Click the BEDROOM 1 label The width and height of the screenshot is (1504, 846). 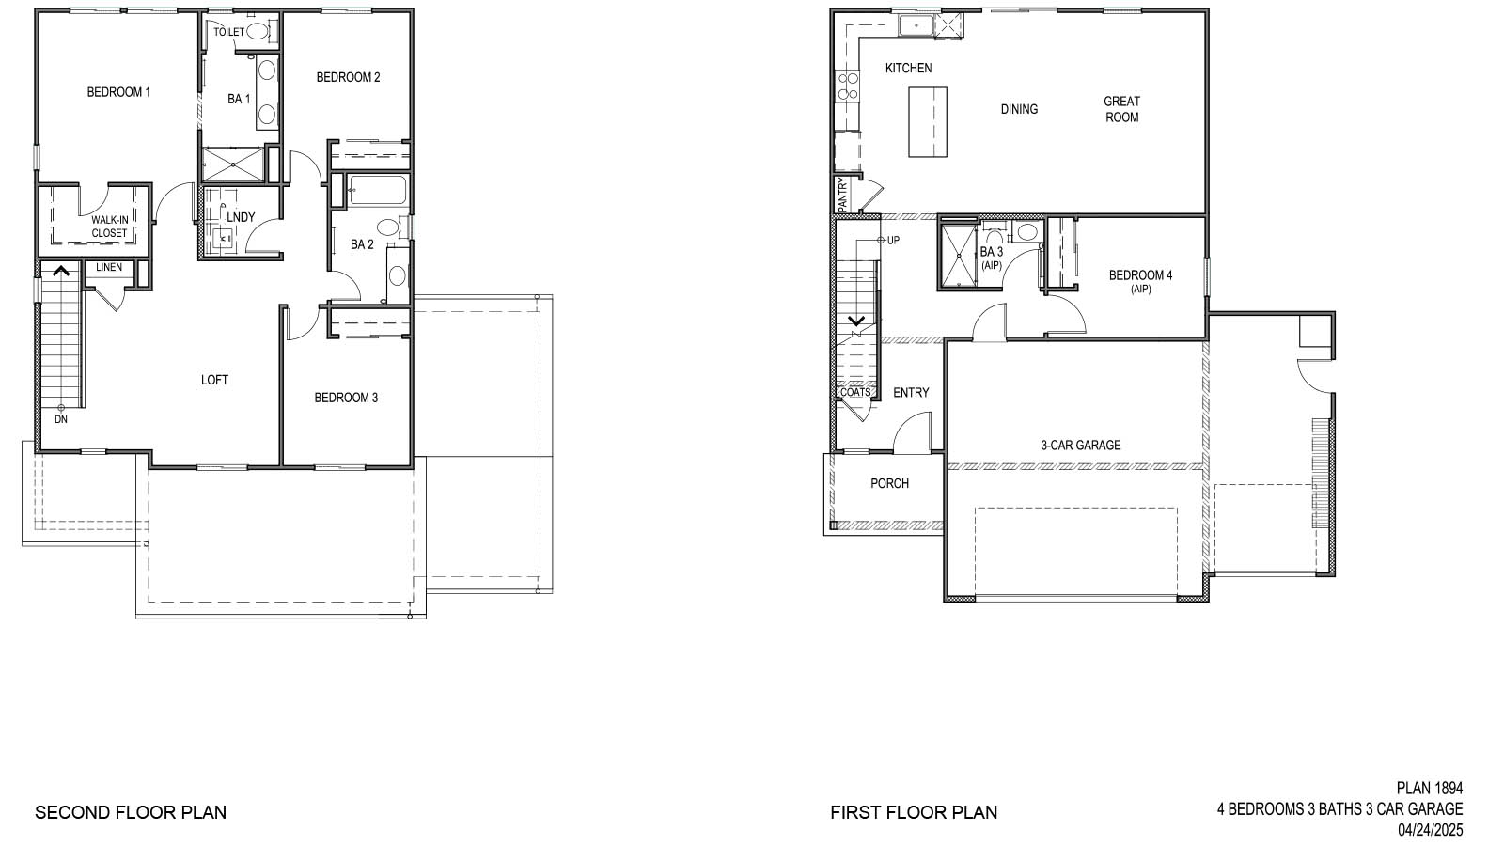[x=118, y=92]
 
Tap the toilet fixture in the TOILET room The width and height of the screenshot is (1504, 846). [x=258, y=31]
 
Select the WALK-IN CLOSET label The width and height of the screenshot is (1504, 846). [x=109, y=227]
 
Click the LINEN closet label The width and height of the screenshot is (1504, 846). [x=109, y=268]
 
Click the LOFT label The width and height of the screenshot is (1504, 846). [x=214, y=380]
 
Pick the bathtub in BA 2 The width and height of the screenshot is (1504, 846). [x=376, y=193]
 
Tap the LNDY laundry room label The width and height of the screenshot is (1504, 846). [x=241, y=217]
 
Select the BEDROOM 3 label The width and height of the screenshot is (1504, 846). [x=346, y=398]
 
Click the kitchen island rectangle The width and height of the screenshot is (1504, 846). [x=927, y=122]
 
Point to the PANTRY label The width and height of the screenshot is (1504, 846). [x=843, y=195]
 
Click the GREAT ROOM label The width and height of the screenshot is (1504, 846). [x=1121, y=109]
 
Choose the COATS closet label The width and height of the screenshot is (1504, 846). [x=855, y=392]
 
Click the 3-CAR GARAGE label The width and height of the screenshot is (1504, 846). [x=1080, y=446]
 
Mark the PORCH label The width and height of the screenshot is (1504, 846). [x=889, y=483]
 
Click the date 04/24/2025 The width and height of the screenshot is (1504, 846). [x=1430, y=830]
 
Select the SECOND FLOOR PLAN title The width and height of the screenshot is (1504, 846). [x=131, y=812]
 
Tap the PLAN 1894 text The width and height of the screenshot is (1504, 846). [x=1430, y=789]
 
